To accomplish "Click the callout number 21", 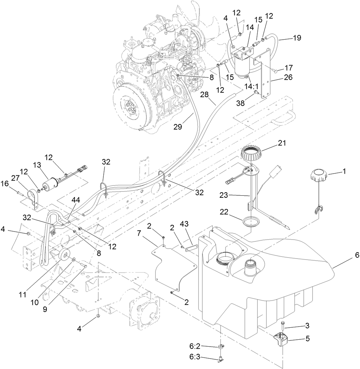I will coord(282,142).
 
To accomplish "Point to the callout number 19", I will coord(297,38).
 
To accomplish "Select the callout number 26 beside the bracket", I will coord(288,78).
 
